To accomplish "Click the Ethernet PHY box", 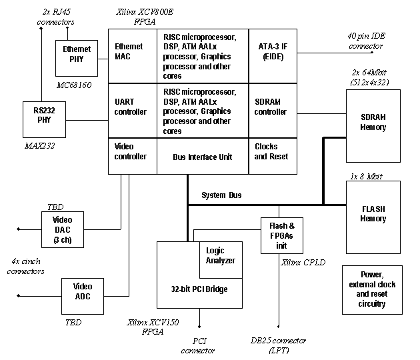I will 77,55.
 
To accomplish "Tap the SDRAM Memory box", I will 373,122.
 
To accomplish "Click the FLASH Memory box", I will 373,213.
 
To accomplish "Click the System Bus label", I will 221,196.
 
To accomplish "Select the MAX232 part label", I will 39,145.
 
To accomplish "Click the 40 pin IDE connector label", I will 365,41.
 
